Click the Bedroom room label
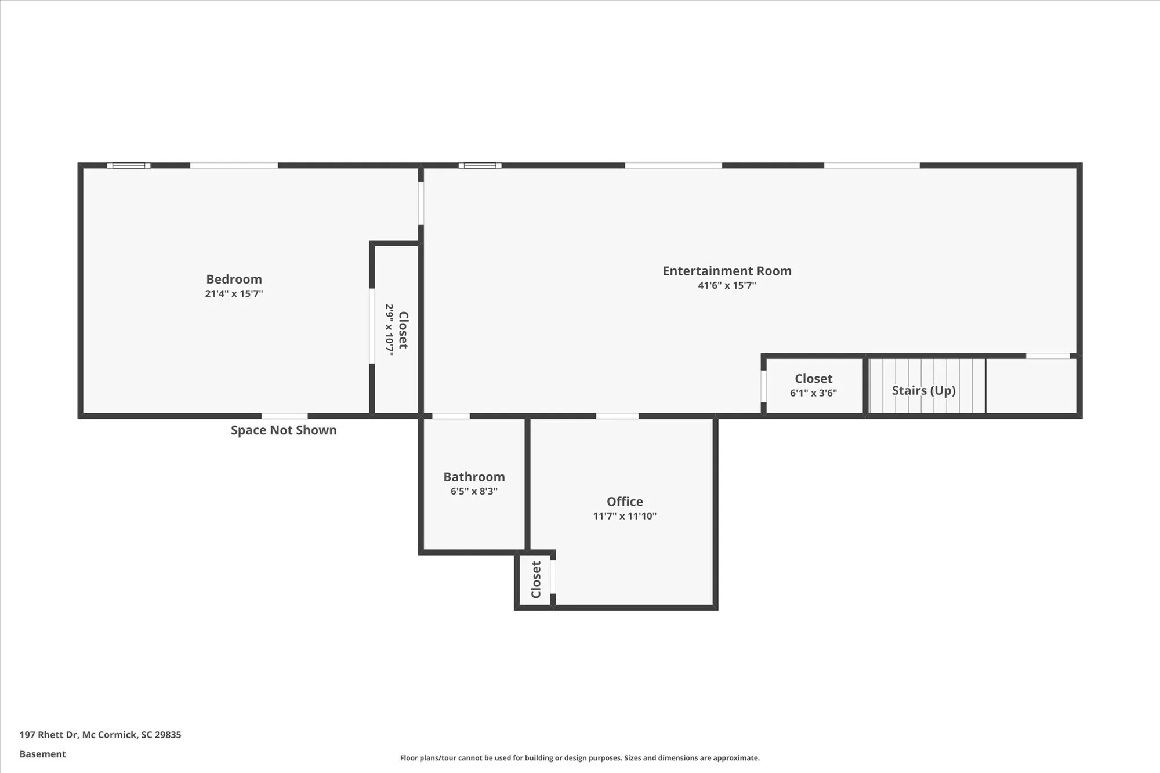pyautogui.click(x=234, y=279)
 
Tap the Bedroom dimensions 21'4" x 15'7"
pyautogui.click(x=234, y=293)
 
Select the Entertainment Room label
pyautogui.click(x=727, y=271)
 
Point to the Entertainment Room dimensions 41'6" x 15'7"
pyautogui.click(x=727, y=285)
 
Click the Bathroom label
pyautogui.click(x=474, y=477)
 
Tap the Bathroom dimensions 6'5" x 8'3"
pyautogui.click(x=474, y=491)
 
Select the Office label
pyautogui.click(x=625, y=502)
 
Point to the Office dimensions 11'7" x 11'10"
pyautogui.click(x=625, y=516)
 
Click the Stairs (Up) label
pyautogui.click(x=923, y=390)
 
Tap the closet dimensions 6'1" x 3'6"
pyautogui.click(x=813, y=393)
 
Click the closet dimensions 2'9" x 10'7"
pyautogui.click(x=389, y=329)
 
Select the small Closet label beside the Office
pyautogui.click(x=536, y=579)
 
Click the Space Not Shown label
pyautogui.click(x=284, y=430)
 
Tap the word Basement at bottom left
pyautogui.click(x=43, y=754)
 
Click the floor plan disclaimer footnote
pyautogui.click(x=579, y=758)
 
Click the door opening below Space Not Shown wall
pyautogui.click(x=284, y=416)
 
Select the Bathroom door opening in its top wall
pyautogui.click(x=451, y=416)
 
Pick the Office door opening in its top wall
pyautogui.click(x=617, y=416)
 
